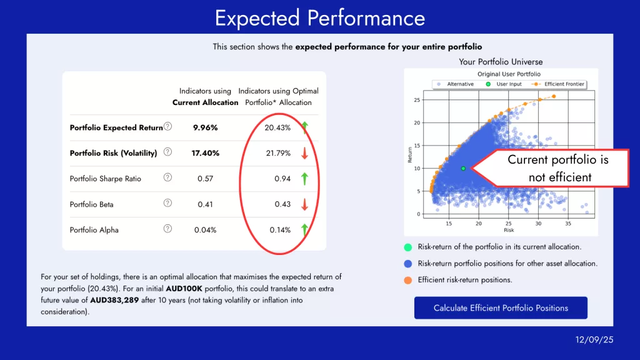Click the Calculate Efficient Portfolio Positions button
(x=501, y=308)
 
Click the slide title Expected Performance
(x=320, y=17)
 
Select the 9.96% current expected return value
(x=205, y=127)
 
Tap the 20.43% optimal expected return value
(x=277, y=127)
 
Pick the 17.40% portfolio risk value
(x=205, y=153)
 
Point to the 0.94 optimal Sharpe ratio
(x=282, y=179)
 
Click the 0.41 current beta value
(x=205, y=204)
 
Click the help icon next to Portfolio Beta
(x=167, y=203)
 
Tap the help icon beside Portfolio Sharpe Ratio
(x=167, y=177)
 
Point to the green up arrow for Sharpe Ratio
(x=304, y=179)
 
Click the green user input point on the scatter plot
(x=463, y=168)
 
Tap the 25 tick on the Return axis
(x=417, y=100)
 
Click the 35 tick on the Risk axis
(x=567, y=223)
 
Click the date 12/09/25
(x=594, y=339)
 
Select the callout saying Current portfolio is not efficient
(x=557, y=168)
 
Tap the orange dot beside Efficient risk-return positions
(x=408, y=280)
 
